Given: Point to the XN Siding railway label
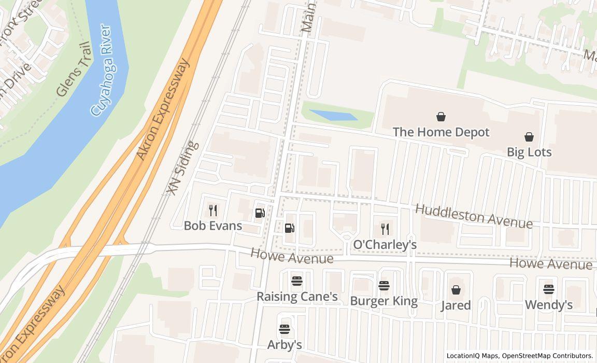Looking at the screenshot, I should (x=182, y=168).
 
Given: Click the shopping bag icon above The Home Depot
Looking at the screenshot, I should (x=440, y=117).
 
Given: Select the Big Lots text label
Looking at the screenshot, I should (x=529, y=152).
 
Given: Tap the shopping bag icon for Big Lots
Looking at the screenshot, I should (x=529, y=137).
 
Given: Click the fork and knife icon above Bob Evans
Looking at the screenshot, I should (x=212, y=210).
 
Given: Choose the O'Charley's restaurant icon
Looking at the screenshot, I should (x=385, y=229).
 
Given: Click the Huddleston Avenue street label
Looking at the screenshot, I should (x=474, y=216).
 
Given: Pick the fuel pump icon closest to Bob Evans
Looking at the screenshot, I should (x=260, y=213).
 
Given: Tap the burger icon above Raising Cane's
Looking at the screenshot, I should (x=296, y=281).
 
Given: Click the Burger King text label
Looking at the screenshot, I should (x=383, y=301).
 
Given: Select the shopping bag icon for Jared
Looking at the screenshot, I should (x=456, y=290).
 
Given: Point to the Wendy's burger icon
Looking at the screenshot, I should (x=548, y=289).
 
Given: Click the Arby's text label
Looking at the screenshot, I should (x=284, y=344).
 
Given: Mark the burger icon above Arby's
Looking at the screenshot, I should (x=284, y=329).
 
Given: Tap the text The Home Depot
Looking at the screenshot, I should (x=440, y=132).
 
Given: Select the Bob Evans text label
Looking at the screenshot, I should (x=212, y=226).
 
